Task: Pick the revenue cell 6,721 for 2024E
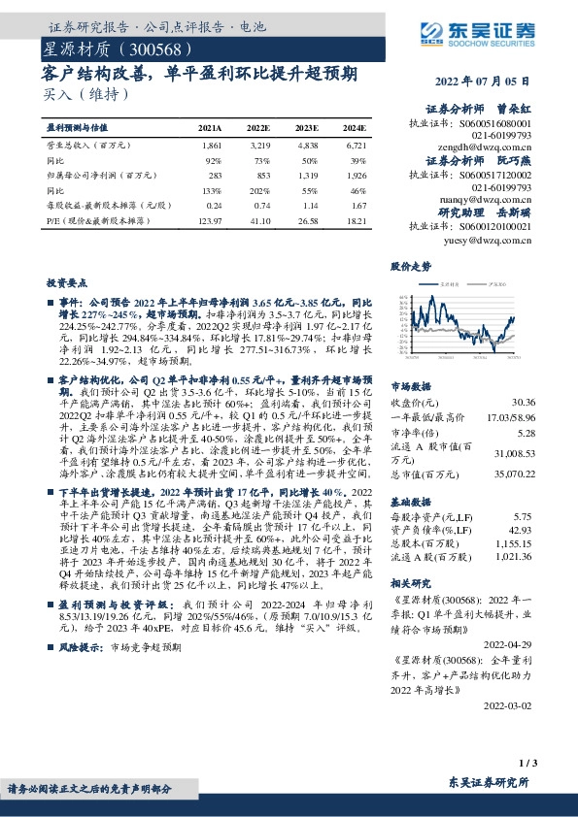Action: tap(355, 144)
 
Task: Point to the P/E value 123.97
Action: tap(209, 222)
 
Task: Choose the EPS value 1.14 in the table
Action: tap(309, 207)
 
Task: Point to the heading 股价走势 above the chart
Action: tap(411, 265)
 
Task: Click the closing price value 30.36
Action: tap(523, 401)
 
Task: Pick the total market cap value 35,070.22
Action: tap(514, 475)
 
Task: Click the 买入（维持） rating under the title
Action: tap(84, 94)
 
